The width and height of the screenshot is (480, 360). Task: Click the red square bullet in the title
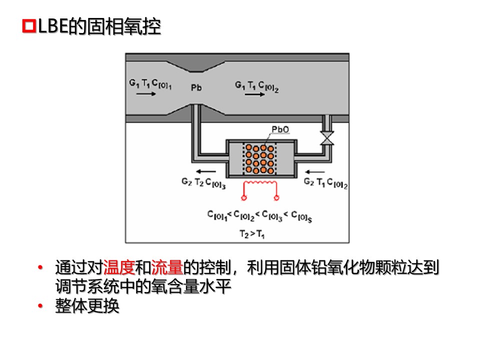coord(29,27)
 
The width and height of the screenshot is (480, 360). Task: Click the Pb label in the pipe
coord(195,87)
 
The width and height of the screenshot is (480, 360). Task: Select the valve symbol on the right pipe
coord(328,137)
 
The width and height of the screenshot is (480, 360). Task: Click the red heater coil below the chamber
coord(260,188)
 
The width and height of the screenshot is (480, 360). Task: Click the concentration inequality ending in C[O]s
coord(260,215)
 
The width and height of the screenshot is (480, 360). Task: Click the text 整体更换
coord(87,306)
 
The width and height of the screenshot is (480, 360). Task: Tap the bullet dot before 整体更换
coord(41,306)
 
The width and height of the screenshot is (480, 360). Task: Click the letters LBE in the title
coord(52,27)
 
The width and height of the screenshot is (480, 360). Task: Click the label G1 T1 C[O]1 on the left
coord(150,85)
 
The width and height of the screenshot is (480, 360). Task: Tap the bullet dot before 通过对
coord(41,268)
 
